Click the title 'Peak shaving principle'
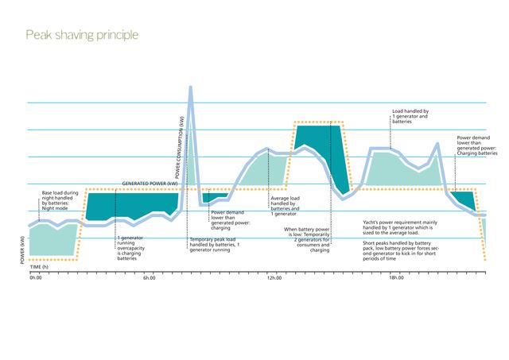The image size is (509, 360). click(x=82, y=35)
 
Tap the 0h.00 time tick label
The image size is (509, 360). click(x=34, y=278)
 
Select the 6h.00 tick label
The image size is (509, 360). click(x=150, y=278)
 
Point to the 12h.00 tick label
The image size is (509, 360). click(x=274, y=278)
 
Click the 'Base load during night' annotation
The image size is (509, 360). click(x=58, y=203)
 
